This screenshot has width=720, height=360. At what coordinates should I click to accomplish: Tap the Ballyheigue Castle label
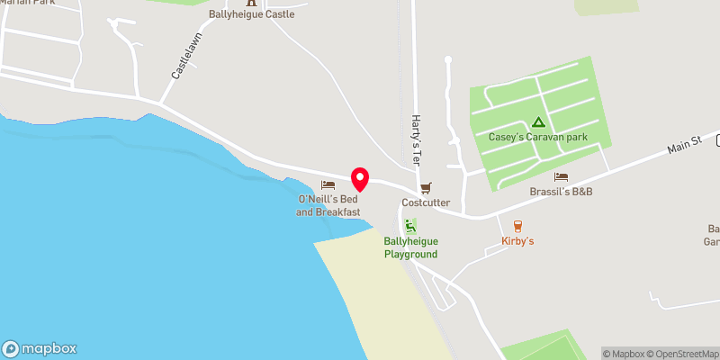pyautogui.click(x=251, y=14)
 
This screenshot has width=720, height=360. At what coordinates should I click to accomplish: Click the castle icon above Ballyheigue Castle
pyautogui.click(x=251, y=2)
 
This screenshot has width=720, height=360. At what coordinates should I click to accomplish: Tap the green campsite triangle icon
pyautogui.click(x=538, y=122)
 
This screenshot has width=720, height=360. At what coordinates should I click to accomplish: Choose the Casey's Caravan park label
pyautogui.click(x=537, y=138)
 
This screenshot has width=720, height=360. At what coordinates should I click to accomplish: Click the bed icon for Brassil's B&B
pyautogui.click(x=561, y=177)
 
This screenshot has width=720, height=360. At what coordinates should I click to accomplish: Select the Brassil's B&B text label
pyautogui.click(x=561, y=192)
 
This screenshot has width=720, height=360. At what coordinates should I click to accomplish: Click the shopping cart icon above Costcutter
pyautogui.click(x=426, y=188)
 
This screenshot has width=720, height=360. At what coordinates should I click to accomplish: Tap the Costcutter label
pyautogui.click(x=426, y=202)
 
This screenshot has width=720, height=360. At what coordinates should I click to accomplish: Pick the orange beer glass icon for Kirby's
pyautogui.click(x=517, y=226)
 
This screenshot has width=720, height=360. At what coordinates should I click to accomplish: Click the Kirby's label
pyautogui.click(x=517, y=241)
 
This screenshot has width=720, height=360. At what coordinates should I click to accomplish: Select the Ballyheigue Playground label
pyautogui.click(x=410, y=247)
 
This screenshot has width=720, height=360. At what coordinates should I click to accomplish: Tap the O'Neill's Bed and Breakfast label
pyautogui.click(x=328, y=204)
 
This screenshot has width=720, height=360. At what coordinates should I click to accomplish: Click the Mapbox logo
pyautogui.click(x=40, y=348)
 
